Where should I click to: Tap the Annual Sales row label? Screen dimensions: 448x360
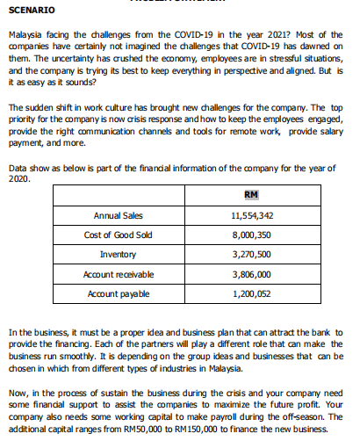pyautogui.click(x=118, y=215)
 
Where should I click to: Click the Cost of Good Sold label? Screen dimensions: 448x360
pyautogui.click(x=119, y=235)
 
